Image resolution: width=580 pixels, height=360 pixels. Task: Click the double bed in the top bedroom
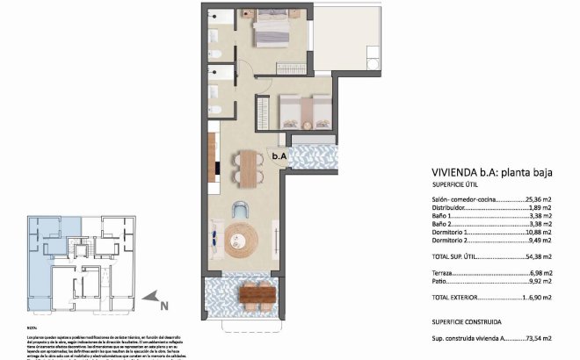(x=278, y=32)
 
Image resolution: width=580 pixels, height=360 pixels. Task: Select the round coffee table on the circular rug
(x=242, y=238)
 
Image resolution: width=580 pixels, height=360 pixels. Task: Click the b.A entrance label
(x=279, y=156)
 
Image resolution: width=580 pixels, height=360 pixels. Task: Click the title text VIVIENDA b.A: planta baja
(x=491, y=173)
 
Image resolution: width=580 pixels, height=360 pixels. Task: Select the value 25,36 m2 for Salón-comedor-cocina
(x=538, y=200)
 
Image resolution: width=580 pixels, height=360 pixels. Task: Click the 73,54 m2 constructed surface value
(x=538, y=337)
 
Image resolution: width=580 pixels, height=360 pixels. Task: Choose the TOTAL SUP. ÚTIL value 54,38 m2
(x=538, y=257)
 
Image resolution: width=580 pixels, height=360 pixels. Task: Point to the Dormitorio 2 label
(x=453, y=240)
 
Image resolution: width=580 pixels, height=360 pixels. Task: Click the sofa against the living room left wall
(x=213, y=238)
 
